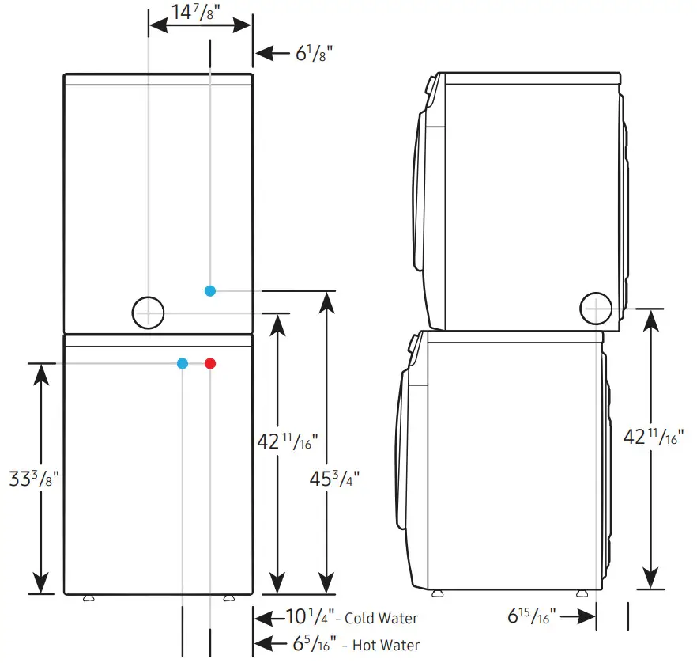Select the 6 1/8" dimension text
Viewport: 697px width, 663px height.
point(314,54)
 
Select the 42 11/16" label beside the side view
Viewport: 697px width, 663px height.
point(648,436)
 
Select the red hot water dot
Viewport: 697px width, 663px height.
point(209,364)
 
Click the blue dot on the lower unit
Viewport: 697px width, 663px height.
point(183,364)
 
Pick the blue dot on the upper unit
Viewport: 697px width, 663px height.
point(209,291)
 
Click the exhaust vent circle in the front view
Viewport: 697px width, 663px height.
point(147,313)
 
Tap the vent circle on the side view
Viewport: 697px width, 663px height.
point(596,308)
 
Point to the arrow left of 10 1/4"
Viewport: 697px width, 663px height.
point(267,618)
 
